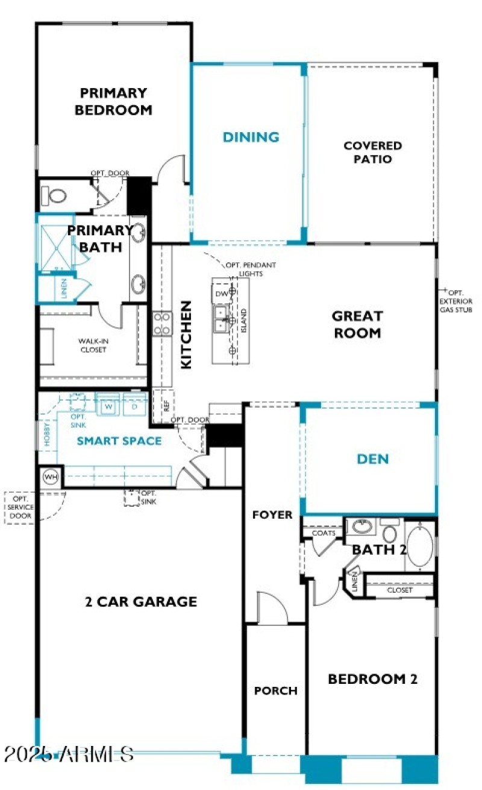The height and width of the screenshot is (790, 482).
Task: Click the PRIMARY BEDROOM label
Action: [x=113, y=101]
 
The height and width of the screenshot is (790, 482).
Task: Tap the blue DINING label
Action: [x=251, y=137]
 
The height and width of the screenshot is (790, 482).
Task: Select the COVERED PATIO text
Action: [x=372, y=153]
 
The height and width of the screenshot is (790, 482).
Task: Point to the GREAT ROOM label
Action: [x=357, y=324]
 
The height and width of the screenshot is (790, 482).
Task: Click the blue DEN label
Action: [x=372, y=459]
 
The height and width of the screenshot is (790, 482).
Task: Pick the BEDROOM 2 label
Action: [x=372, y=679]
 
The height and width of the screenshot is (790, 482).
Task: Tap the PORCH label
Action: [x=275, y=690]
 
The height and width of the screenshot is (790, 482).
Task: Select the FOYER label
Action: [x=272, y=515]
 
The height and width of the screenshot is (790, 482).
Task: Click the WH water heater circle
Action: [x=51, y=478]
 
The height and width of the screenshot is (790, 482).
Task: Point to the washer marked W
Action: [x=109, y=406]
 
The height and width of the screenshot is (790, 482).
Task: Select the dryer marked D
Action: [x=134, y=406]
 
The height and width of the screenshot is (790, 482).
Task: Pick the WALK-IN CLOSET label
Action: [x=92, y=345]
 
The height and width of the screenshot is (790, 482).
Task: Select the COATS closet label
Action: [x=324, y=533]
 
